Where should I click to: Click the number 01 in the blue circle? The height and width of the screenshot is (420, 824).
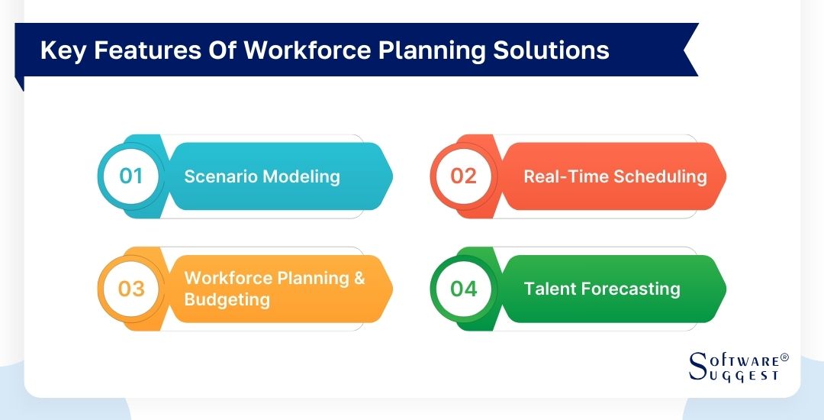point(131,176)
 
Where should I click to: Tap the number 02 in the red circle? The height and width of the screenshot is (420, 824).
point(463,176)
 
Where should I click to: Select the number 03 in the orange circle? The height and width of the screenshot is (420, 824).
point(131,289)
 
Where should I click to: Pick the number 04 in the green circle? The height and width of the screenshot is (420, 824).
point(463,289)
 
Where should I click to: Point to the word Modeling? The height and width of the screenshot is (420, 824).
point(301,176)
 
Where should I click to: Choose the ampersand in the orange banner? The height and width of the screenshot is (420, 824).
point(358,278)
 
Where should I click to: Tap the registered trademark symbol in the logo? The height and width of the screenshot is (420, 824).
point(784,357)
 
